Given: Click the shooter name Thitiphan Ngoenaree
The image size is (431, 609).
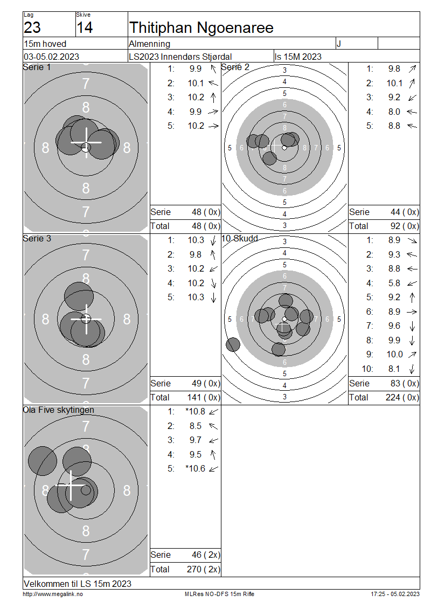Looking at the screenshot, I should pyautogui.click(x=201, y=27).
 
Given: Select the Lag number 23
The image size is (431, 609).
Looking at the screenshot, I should pyautogui.click(x=32, y=28).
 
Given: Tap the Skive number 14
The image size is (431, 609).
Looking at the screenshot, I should pyautogui.click(x=85, y=28).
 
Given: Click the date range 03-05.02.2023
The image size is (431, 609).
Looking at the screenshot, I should pyautogui.click(x=51, y=57).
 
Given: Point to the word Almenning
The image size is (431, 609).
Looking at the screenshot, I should pyautogui.click(x=150, y=44).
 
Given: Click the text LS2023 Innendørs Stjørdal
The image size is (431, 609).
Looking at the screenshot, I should pyautogui.click(x=180, y=57).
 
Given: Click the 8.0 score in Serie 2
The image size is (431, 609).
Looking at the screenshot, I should pyautogui.click(x=394, y=112).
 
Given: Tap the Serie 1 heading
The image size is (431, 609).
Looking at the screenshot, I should pyautogui.click(x=37, y=67).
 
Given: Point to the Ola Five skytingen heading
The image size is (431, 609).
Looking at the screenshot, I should pyautogui.click(x=58, y=410).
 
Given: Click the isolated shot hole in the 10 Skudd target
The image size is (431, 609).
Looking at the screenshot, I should pyautogui.click(x=233, y=344).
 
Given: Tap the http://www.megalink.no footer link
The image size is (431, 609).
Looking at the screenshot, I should pyautogui.click(x=53, y=594).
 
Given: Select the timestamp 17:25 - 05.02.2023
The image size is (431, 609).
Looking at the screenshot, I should pyautogui.click(x=395, y=594).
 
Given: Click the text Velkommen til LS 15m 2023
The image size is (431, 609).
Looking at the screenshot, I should pyautogui.click(x=78, y=584).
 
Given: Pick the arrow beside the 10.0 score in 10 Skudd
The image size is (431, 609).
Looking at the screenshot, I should pyautogui.click(x=412, y=354).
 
